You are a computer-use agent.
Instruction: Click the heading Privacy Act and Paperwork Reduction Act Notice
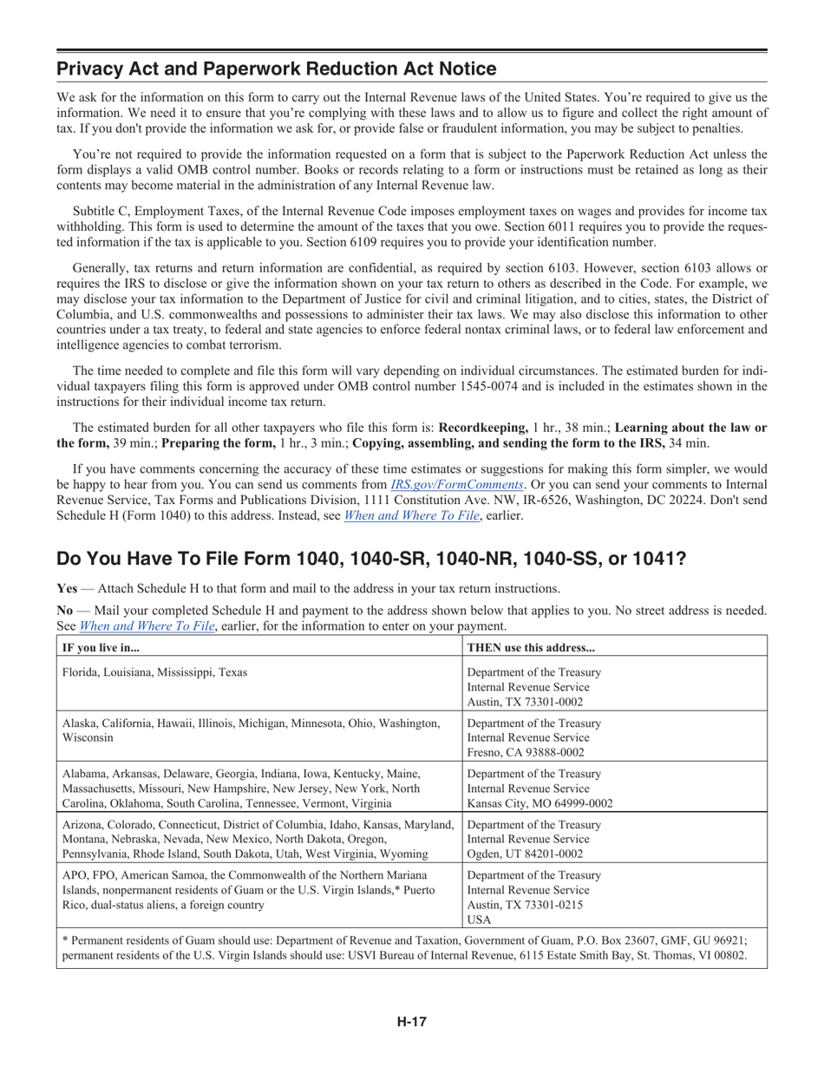[x=277, y=69]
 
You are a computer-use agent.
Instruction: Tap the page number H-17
[x=412, y=1021]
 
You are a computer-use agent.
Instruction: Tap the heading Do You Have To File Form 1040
[x=371, y=559]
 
